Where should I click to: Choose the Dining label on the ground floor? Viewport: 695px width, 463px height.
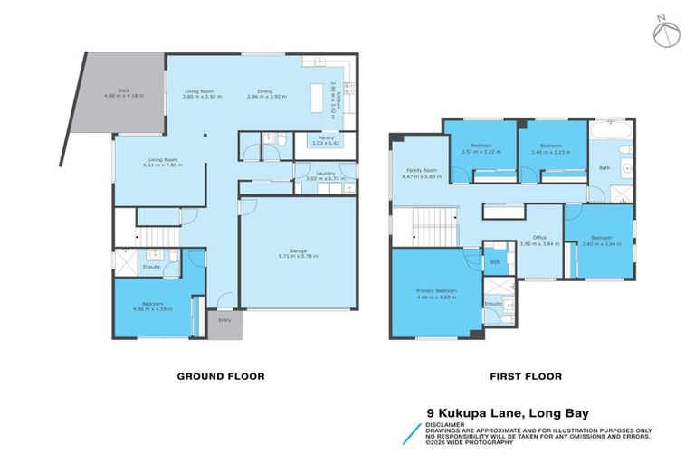[265, 91]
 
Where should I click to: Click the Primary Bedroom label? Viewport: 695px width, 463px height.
[436, 290]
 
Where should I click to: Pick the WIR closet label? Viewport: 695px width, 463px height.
[493, 261]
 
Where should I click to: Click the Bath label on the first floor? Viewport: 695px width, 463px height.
[604, 167]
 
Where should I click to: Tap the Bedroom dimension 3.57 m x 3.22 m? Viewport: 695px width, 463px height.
[480, 151]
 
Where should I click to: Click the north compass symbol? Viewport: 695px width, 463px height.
[663, 32]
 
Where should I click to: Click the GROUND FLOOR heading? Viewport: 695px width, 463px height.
[220, 376]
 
